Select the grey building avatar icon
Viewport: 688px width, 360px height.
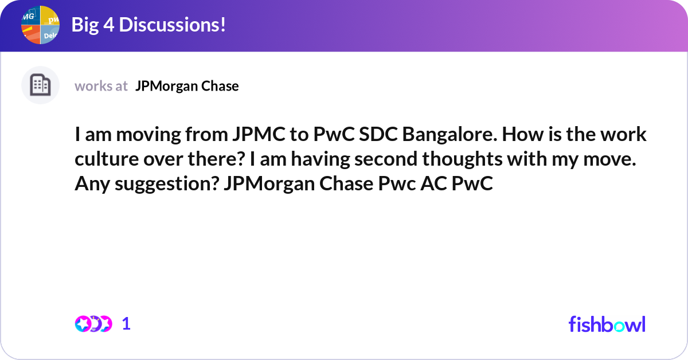click(x=40, y=85)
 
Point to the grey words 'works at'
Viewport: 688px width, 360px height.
click(x=101, y=86)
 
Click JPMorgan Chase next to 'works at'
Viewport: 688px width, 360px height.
click(x=187, y=86)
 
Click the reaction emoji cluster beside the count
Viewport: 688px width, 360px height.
click(x=93, y=324)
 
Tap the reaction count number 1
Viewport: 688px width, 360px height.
click(x=126, y=324)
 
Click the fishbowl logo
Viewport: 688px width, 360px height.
click(x=607, y=324)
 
